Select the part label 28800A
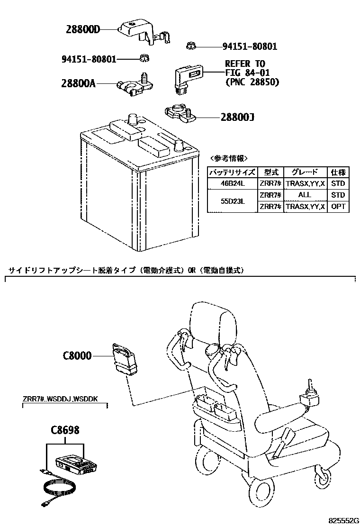pyautogui.click(x=78, y=83)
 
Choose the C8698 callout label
pyautogui.click(x=65, y=430)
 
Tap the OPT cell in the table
pyautogui.click(x=338, y=207)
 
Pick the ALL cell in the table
pyautogui.click(x=305, y=195)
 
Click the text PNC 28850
pyautogui.click(x=252, y=82)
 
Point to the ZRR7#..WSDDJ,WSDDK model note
pyautogui.click(x=60, y=399)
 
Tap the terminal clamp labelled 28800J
pyautogui.click(x=178, y=113)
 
